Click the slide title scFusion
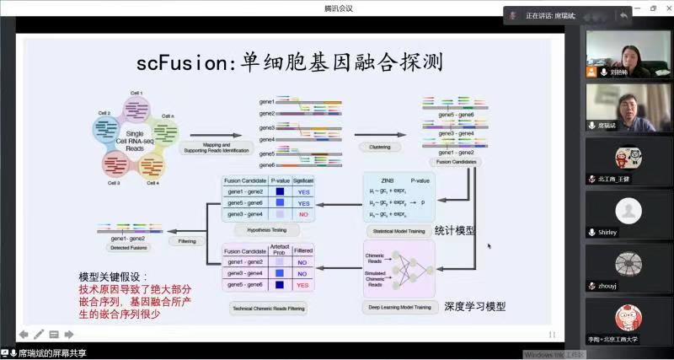[x=289, y=63]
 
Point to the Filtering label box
[x=187, y=241]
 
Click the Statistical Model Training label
[x=398, y=231]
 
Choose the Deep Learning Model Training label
[x=399, y=308]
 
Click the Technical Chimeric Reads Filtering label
[x=267, y=308]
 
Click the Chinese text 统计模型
[x=454, y=230]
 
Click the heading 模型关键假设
[x=112, y=277]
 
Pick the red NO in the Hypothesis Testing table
[x=302, y=214]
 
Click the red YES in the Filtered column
[x=302, y=285]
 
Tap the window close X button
[x=665, y=8]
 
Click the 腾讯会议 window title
[x=338, y=8]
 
